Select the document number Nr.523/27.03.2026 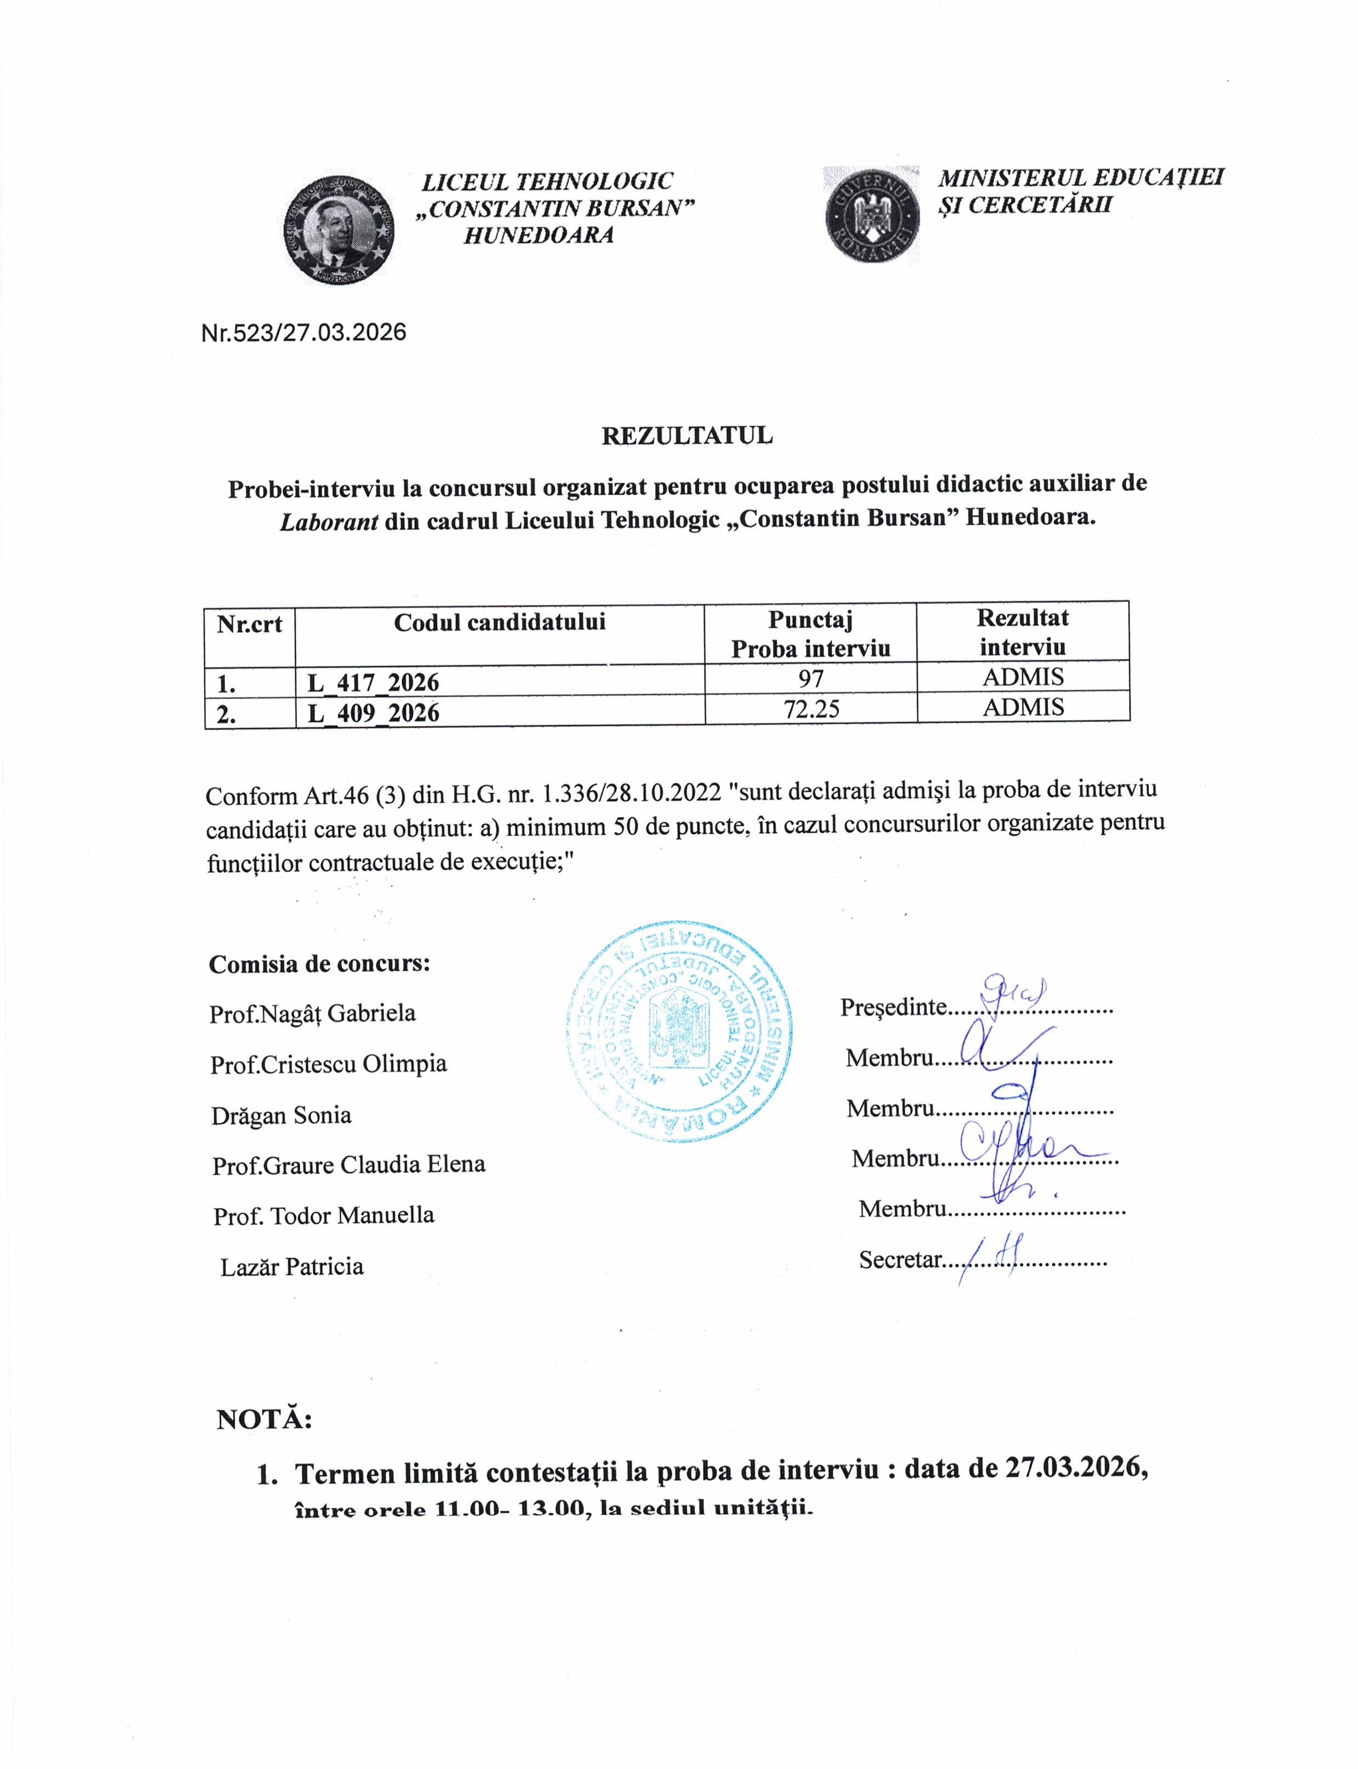[303, 333]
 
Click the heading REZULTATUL [686, 436]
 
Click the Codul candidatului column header [500, 622]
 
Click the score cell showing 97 [811, 678]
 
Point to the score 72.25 [811, 709]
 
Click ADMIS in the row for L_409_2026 [1023, 707]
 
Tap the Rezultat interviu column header [1023, 632]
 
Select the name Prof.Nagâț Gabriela [312, 1013]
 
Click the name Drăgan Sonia [282, 1116]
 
